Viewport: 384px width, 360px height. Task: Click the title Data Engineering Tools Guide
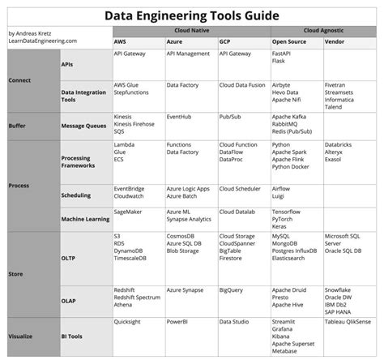(192, 15)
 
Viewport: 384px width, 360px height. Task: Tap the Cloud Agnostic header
(322, 29)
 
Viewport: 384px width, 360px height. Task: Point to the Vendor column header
(335, 40)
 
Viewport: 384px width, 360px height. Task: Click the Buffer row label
(17, 126)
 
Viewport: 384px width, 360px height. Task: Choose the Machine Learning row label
(86, 219)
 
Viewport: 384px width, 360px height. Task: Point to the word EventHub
(179, 117)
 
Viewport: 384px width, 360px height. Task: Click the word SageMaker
(130, 210)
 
